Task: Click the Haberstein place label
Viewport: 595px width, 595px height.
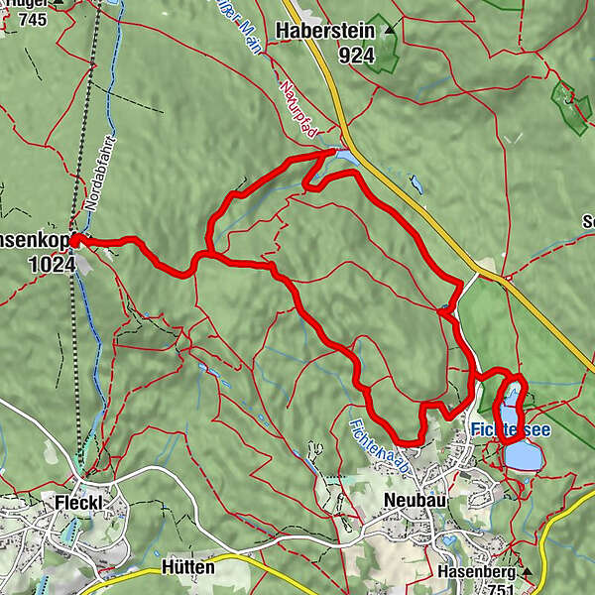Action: click(x=326, y=32)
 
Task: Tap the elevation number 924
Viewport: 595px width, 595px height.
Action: click(x=355, y=56)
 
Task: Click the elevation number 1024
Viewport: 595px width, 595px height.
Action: click(x=53, y=265)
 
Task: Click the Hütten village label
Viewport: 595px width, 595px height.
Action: click(x=186, y=568)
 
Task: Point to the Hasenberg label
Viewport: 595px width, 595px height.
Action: click(x=473, y=572)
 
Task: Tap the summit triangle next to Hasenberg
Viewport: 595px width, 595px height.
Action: click(x=528, y=573)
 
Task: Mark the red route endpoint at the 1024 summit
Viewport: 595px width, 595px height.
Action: click(x=74, y=239)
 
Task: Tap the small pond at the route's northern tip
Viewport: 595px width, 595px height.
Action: click(x=346, y=156)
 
